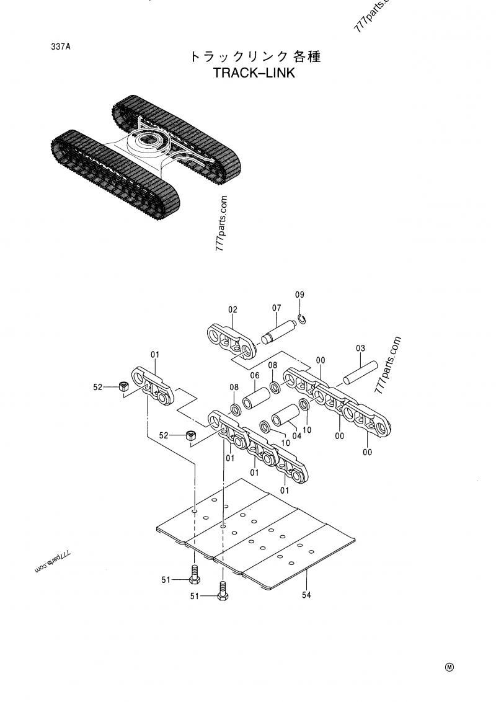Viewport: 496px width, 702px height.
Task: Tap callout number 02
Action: pyautogui.click(x=233, y=309)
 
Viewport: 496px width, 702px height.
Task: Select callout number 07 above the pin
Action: pyautogui.click(x=277, y=308)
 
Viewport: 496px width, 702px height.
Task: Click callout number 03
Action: pyautogui.click(x=360, y=349)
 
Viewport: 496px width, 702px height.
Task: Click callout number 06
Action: pyautogui.click(x=254, y=375)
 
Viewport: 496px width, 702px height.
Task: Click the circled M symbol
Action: pyautogui.click(x=449, y=667)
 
